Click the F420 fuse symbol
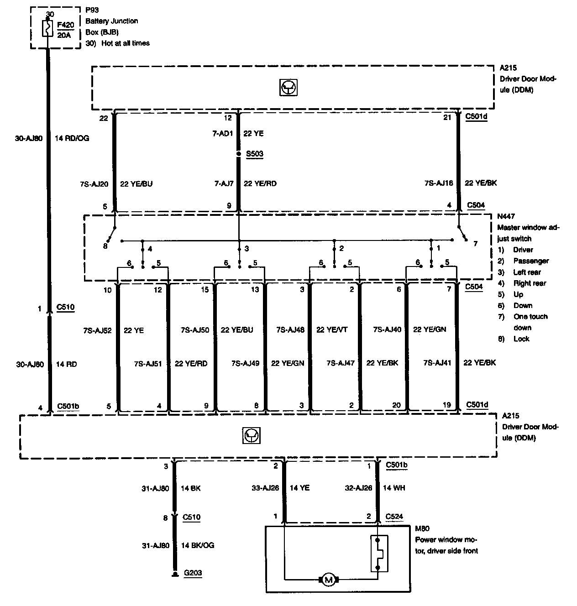click(47, 29)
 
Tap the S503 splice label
click(255, 154)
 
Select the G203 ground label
click(193, 573)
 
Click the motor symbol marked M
click(328, 580)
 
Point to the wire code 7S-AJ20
click(94, 184)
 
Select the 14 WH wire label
click(394, 488)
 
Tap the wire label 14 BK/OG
click(197, 545)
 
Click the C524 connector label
click(395, 517)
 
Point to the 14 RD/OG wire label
click(72, 138)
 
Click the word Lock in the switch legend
click(521, 339)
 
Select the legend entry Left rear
click(527, 272)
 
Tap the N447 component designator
click(506, 216)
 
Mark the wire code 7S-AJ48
click(290, 329)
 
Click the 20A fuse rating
click(64, 35)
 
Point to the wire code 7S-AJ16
click(439, 183)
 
